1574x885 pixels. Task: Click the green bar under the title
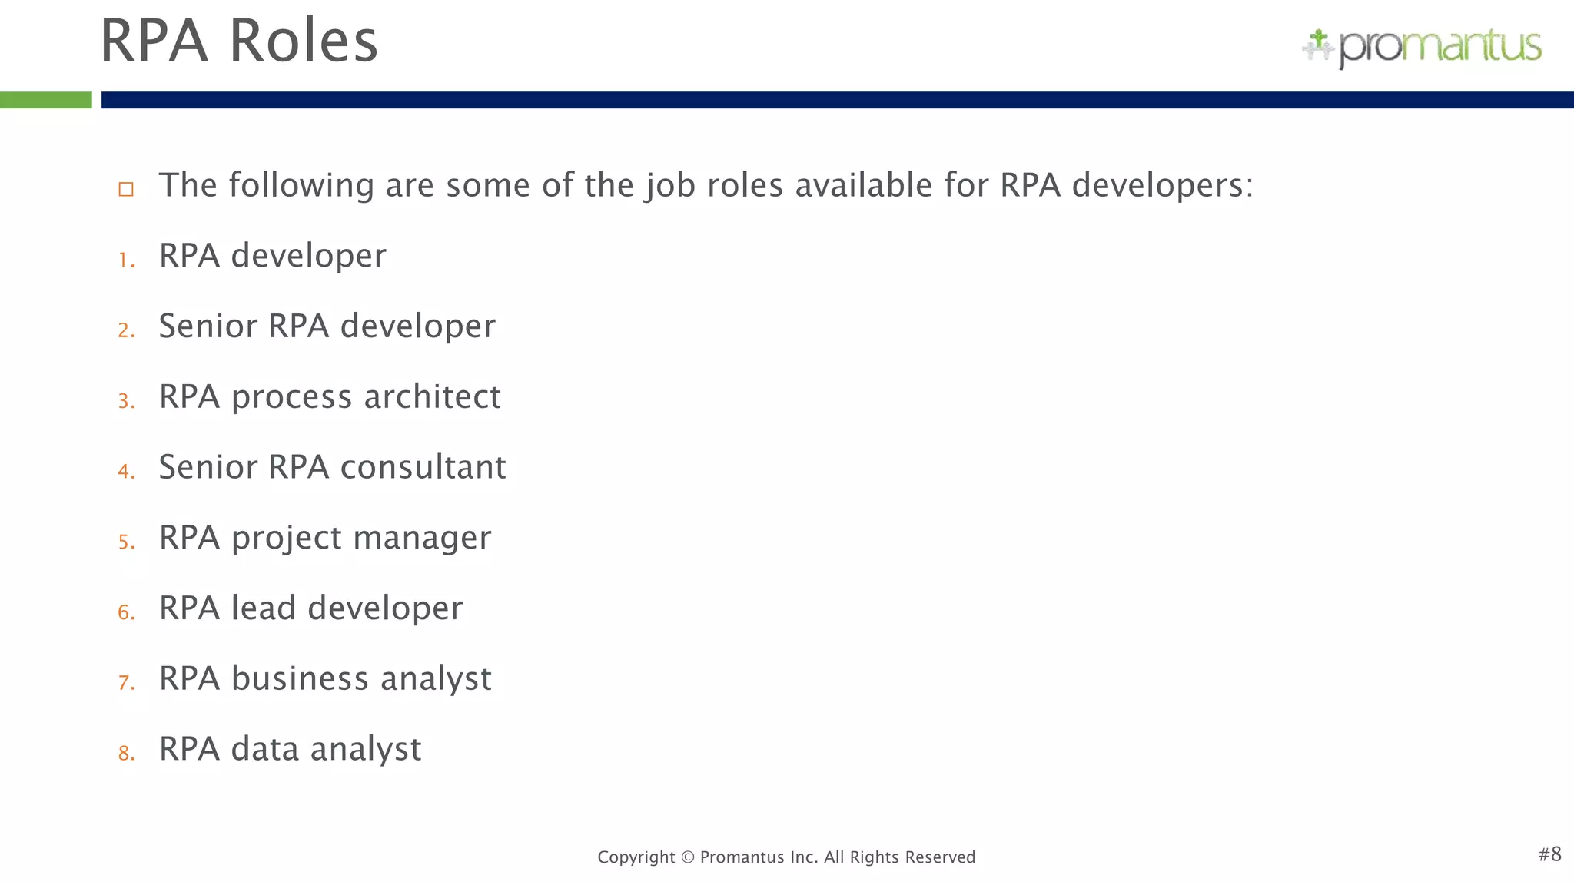coord(45,100)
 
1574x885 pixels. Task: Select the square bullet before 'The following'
coord(126,189)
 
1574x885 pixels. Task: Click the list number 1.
coord(126,260)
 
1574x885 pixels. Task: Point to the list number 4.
coord(126,471)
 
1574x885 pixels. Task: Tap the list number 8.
coord(126,753)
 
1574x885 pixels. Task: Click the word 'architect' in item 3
coord(432,397)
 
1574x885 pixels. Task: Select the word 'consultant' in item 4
coord(423,467)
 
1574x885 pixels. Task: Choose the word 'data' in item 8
coord(264,749)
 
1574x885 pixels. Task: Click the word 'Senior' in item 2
coord(208,326)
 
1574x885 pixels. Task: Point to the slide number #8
coord(1549,854)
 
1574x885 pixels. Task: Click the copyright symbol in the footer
coord(687,857)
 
